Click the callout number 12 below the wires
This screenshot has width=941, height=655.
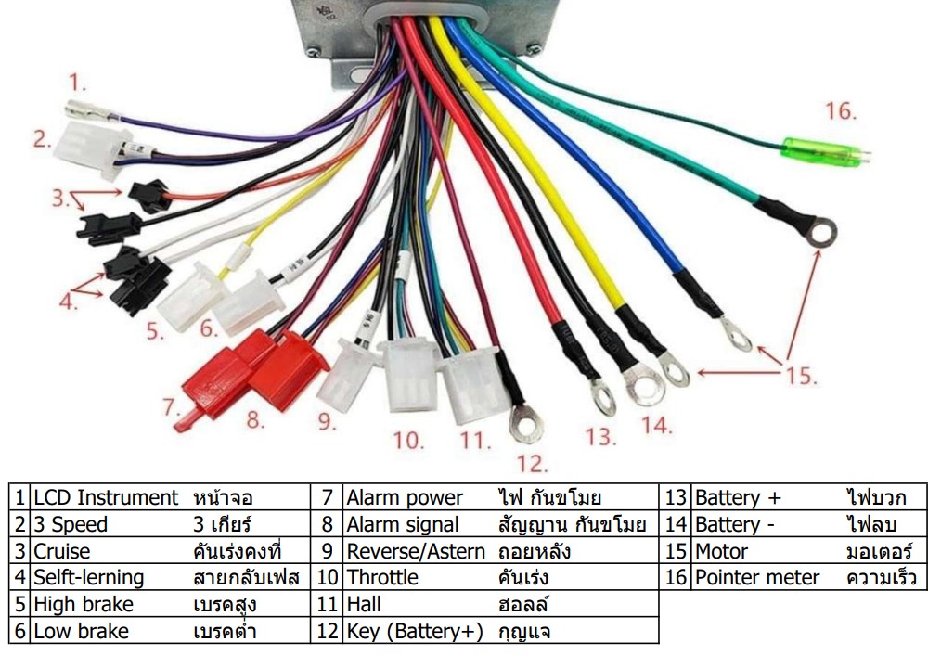point(533,462)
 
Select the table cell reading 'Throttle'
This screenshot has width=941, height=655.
point(382,577)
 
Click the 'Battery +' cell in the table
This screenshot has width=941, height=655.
point(739,497)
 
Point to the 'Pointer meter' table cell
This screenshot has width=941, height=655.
point(756,577)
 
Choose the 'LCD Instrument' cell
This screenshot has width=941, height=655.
point(105,497)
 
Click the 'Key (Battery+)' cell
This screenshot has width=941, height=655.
point(415,631)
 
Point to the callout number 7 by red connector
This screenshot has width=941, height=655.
point(169,405)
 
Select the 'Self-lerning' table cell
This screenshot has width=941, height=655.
point(89,577)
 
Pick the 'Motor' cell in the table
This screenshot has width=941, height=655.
point(721,551)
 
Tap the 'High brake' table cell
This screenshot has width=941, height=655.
point(84,604)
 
